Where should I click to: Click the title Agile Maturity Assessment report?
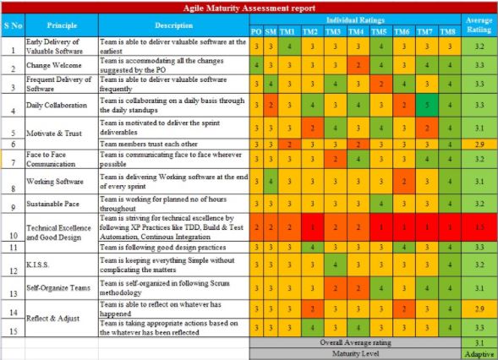coord(249,7)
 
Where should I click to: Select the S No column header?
coord(13,25)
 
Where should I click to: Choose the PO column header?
coord(256,31)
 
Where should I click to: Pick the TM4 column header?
coord(358,31)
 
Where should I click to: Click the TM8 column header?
coord(448,31)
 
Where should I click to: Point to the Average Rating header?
coord(479,25)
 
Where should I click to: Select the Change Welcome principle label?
coord(49,64)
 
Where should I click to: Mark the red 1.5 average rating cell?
coord(479,228)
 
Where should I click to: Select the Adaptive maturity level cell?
coord(479,354)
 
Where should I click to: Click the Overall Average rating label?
coord(355,343)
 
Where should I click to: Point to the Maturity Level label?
coord(355,354)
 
